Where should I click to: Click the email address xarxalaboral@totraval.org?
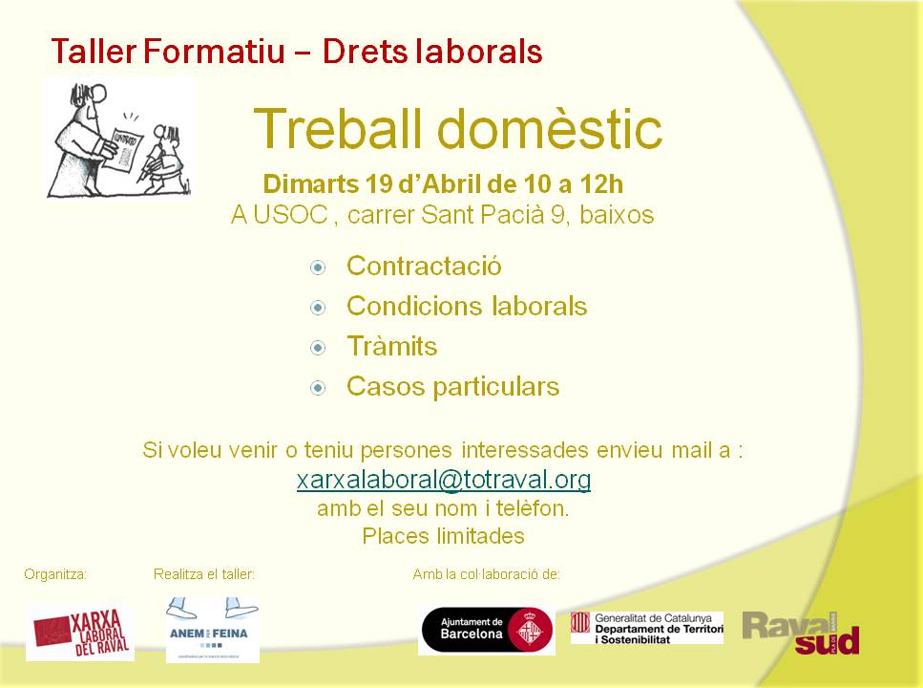pyautogui.click(x=444, y=480)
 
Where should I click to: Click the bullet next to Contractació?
pyautogui.click(x=318, y=268)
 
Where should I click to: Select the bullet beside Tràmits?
pyautogui.click(x=318, y=348)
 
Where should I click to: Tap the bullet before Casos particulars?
pyautogui.click(x=318, y=388)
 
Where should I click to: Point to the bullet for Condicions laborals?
pyautogui.click(x=318, y=308)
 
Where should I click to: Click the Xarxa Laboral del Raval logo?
pyautogui.click(x=80, y=633)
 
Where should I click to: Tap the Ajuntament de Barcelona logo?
pyautogui.click(x=487, y=630)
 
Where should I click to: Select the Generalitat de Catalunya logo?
pyautogui.click(x=647, y=628)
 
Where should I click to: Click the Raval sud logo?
pyautogui.click(x=801, y=633)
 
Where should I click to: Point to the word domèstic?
pyautogui.click(x=551, y=128)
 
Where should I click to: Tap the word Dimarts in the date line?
pyautogui.click(x=310, y=183)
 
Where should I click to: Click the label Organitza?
pyautogui.click(x=55, y=574)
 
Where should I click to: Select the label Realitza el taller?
pyautogui.click(x=204, y=574)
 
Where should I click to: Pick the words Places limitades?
pyautogui.click(x=443, y=536)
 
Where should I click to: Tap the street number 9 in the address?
pyautogui.click(x=557, y=215)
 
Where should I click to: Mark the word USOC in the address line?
pyautogui.click(x=290, y=215)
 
